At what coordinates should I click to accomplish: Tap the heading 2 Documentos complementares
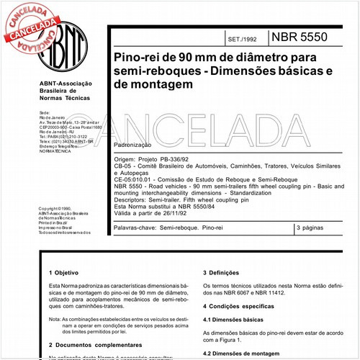(88, 346)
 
